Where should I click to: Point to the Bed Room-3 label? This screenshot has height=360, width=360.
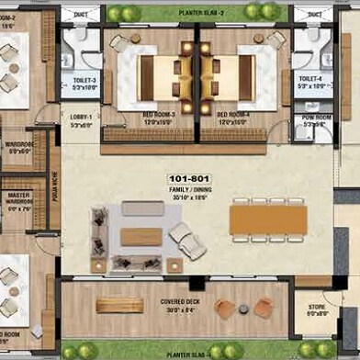click(x=158, y=116)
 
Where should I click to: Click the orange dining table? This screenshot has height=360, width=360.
click(x=267, y=219)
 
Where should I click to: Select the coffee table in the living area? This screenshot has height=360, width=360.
click(x=141, y=236)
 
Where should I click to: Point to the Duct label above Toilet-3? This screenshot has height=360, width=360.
click(x=82, y=16)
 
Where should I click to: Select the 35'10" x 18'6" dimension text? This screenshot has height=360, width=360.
click(x=188, y=195)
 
